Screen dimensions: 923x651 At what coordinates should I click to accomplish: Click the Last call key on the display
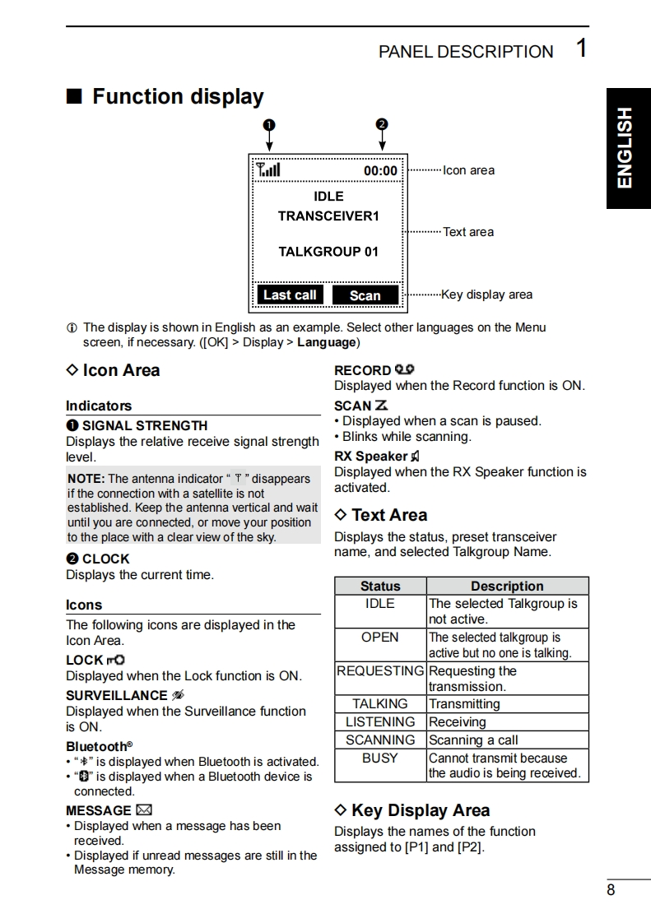pos(290,295)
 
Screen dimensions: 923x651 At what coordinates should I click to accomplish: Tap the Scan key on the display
pos(365,295)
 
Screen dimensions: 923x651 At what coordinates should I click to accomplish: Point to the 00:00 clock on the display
pos(380,171)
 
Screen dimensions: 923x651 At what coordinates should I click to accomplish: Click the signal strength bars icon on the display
pos(268,169)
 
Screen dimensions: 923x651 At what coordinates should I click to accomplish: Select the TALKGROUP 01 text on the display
pos(328,252)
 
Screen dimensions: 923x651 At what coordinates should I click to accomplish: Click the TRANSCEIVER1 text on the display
pos(328,216)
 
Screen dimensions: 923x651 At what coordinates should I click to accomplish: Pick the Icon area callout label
pos(468,170)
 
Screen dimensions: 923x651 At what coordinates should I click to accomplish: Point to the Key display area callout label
pos(486,295)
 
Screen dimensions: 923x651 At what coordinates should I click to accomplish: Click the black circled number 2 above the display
pos(381,124)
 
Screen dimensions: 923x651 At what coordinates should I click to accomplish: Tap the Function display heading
pos(178,97)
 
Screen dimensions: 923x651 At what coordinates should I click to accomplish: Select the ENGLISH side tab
pos(628,147)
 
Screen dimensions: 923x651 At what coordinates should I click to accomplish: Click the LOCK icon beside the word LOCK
pos(116,660)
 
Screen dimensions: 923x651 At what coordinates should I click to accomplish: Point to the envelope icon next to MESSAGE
pos(144,810)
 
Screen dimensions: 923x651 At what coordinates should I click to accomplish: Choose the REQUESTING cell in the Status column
pos(380,671)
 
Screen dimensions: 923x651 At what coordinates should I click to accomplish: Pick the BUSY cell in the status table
pos(380,758)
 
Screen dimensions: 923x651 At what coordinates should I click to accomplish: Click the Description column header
pos(507,587)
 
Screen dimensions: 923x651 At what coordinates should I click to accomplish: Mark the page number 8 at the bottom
pos(611,890)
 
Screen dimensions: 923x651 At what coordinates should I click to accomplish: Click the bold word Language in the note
pos(327,342)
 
